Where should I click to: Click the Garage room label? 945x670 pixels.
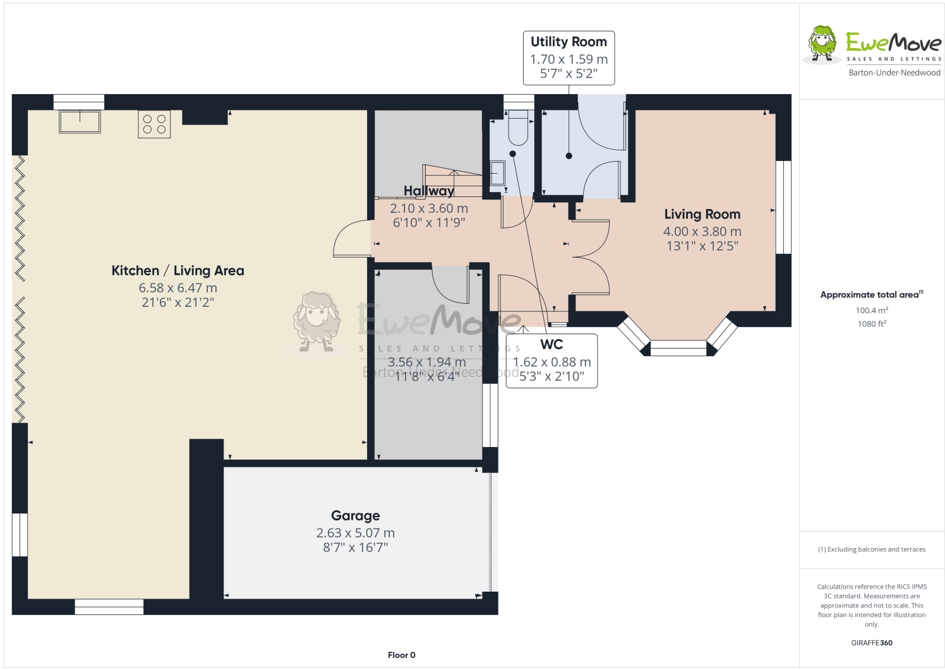pyautogui.click(x=355, y=516)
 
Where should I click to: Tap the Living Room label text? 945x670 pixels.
pyautogui.click(x=702, y=215)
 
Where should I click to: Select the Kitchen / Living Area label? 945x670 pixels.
pyautogui.click(x=178, y=271)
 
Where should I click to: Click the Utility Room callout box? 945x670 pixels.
pyautogui.click(x=569, y=57)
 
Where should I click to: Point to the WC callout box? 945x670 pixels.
pyautogui.click(x=551, y=361)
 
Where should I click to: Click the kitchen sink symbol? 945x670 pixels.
pyautogui.click(x=80, y=121)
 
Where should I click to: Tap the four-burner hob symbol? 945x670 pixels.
pyautogui.click(x=154, y=124)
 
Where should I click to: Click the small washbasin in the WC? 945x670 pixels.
pyautogui.click(x=498, y=172)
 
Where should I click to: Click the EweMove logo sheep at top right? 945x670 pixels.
pyautogui.click(x=822, y=44)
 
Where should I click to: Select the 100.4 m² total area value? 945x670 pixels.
pyautogui.click(x=872, y=311)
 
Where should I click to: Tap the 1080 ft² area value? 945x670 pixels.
pyautogui.click(x=872, y=324)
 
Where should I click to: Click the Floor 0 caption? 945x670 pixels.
pyautogui.click(x=402, y=655)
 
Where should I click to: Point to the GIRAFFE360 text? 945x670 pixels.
pyautogui.click(x=872, y=643)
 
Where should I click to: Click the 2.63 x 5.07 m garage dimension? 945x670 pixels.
pyautogui.click(x=355, y=533)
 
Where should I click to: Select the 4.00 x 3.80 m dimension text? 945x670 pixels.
pyautogui.click(x=702, y=232)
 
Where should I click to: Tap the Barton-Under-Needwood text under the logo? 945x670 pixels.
pyautogui.click(x=894, y=73)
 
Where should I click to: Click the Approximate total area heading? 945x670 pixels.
pyautogui.click(x=870, y=294)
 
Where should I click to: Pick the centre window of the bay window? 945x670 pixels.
pyautogui.click(x=678, y=348)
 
